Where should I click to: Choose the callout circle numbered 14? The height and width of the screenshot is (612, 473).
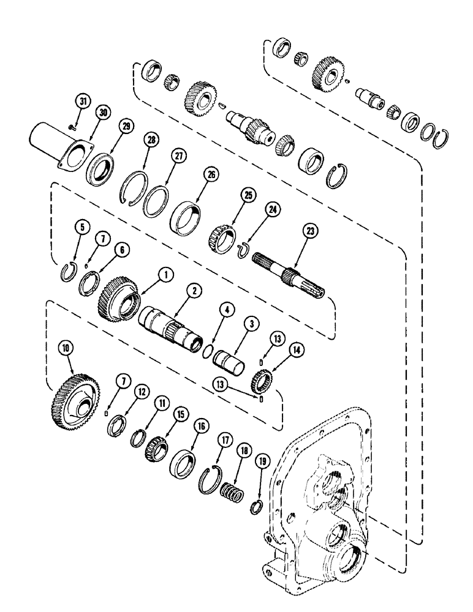[x=281, y=351]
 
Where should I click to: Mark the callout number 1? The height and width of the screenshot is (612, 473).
[x=164, y=277]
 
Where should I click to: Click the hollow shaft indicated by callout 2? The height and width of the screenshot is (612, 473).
[x=168, y=323]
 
